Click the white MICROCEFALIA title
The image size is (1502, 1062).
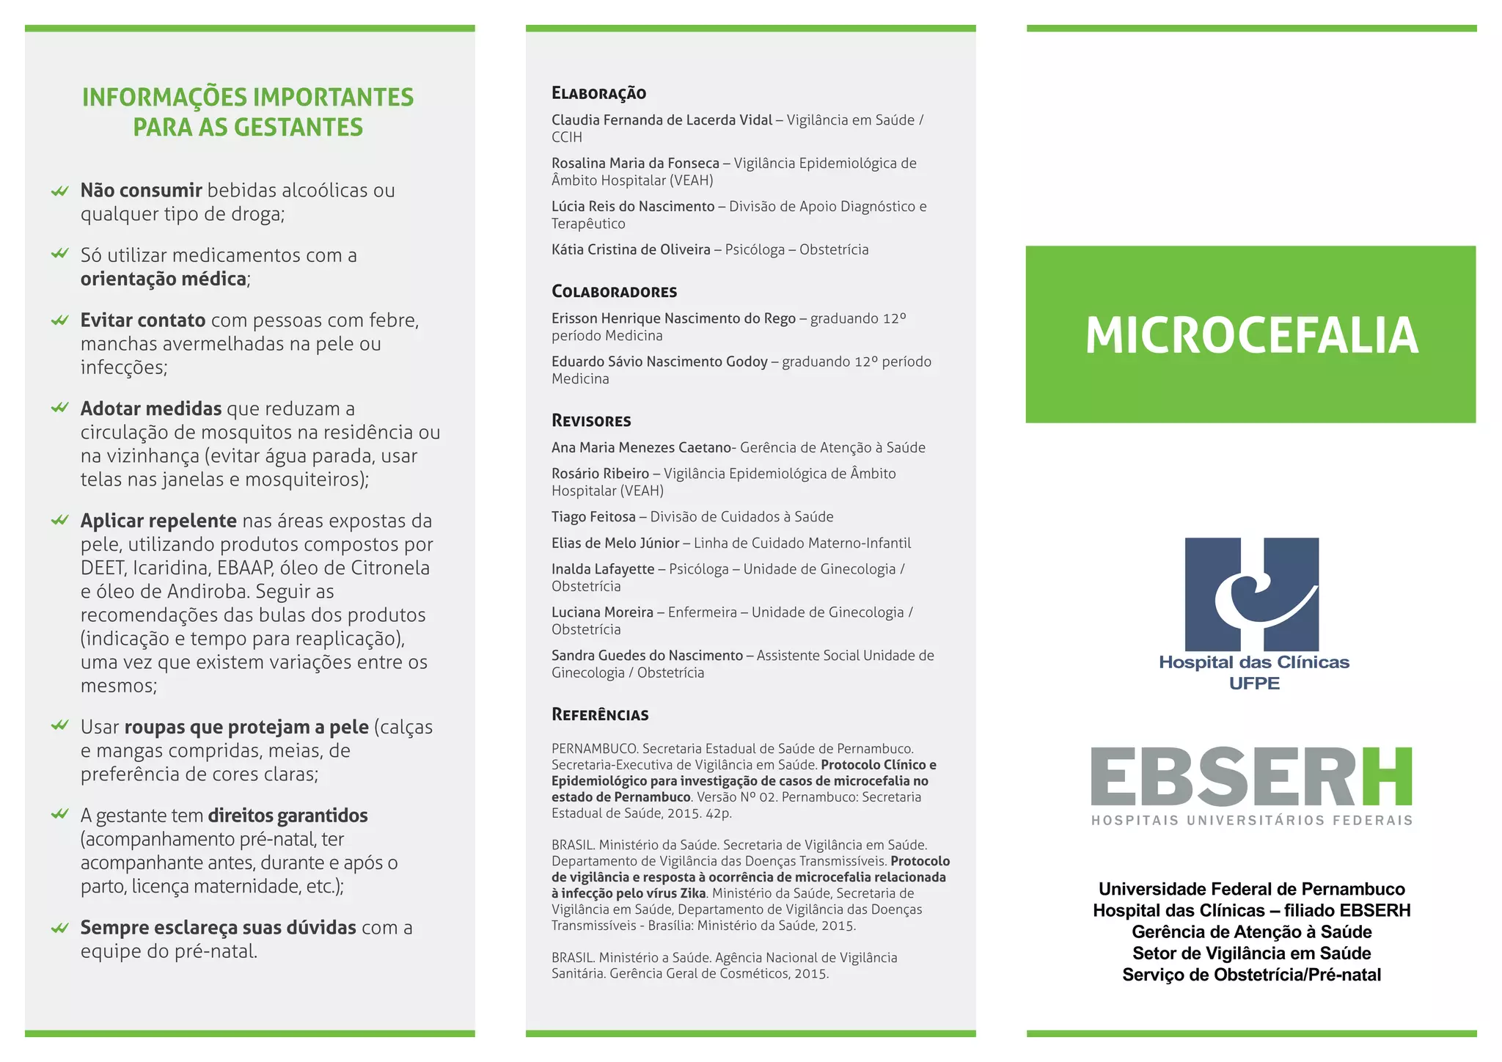click(x=1251, y=335)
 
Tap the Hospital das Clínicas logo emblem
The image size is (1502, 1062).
click(x=1251, y=593)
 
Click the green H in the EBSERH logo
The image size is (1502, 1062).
click(x=1387, y=777)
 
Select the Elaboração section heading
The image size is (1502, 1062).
click(x=598, y=93)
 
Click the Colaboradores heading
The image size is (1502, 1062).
click(x=614, y=292)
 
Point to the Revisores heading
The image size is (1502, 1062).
click(x=591, y=421)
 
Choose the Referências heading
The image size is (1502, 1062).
click(x=600, y=715)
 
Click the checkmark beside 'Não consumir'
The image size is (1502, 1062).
click(x=60, y=191)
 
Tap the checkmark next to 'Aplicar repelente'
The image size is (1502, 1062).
click(x=60, y=521)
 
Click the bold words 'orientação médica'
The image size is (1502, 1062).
click(x=164, y=279)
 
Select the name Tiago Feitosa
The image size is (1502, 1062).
click(x=593, y=517)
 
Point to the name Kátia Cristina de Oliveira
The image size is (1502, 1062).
click(x=631, y=250)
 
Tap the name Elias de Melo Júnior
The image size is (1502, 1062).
click(x=615, y=543)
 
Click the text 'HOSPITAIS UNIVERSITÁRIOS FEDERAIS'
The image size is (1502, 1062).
click(x=1251, y=821)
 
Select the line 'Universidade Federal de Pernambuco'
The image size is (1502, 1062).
click(x=1251, y=890)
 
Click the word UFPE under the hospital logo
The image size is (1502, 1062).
click(x=1254, y=684)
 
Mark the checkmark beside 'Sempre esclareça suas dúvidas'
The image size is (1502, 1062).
click(x=60, y=929)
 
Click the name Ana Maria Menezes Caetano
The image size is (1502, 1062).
click(x=641, y=448)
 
